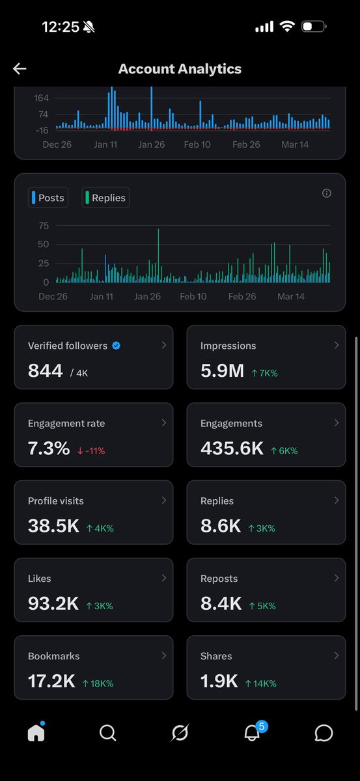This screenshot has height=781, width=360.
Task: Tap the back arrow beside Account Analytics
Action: coord(20,69)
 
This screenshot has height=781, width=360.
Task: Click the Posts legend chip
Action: coord(48,198)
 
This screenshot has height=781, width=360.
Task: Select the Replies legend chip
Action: coord(105,198)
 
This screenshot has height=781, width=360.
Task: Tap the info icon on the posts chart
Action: coord(327,193)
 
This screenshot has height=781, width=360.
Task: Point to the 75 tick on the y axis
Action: coord(44,226)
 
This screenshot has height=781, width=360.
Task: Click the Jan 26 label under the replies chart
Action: coord(147,296)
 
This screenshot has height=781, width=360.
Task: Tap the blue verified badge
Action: coord(116,346)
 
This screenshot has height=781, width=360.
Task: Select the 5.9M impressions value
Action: coord(222,371)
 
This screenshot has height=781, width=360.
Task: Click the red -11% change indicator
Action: coord(90,450)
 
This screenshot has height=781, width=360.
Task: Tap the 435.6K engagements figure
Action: coord(232,448)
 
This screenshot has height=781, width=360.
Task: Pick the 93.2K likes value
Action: coord(53,603)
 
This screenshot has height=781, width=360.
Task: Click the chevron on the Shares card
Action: coord(337,655)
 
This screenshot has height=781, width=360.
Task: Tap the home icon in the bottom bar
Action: coord(36,733)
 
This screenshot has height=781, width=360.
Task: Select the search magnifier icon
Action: coord(107,733)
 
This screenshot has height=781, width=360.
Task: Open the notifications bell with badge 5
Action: coord(252,733)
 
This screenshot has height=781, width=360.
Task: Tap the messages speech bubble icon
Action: coord(324,733)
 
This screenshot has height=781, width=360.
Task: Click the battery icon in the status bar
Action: coord(314,27)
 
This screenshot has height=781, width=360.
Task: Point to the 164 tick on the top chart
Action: coord(42,98)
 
